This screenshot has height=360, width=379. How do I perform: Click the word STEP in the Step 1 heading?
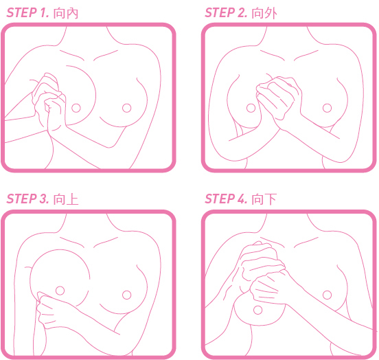pyautogui.click(x=21, y=12)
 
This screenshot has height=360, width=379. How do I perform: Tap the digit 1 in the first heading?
pyautogui.click(x=43, y=12)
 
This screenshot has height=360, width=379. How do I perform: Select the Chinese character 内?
pyautogui.click(x=72, y=13)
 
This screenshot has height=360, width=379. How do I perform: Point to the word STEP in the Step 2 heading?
pyautogui.click(x=220, y=12)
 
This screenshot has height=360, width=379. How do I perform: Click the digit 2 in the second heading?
pyautogui.click(x=242, y=12)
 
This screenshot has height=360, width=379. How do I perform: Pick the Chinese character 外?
pyautogui.click(x=271, y=13)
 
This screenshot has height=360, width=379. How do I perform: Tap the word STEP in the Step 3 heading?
pyautogui.click(x=21, y=199)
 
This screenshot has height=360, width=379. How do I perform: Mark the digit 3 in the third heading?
pyautogui.click(x=43, y=199)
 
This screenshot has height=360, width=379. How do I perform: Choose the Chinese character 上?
pyautogui.click(x=72, y=199)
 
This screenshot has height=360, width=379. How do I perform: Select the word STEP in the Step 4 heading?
pyautogui.click(x=220, y=199)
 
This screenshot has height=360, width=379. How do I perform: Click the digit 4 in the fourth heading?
pyautogui.click(x=242, y=199)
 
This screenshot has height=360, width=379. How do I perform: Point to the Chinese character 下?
pyautogui.click(x=271, y=199)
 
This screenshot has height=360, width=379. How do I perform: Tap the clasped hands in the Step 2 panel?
pyautogui.click(x=278, y=99)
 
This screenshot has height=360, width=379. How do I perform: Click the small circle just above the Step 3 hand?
pyautogui.click(x=60, y=291)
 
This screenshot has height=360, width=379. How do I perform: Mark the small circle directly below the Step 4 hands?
pyautogui.click(x=258, y=310)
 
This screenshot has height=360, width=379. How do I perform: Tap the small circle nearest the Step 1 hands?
pyautogui.click(x=76, y=108)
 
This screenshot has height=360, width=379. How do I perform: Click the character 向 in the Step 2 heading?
pyautogui.click(x=257, y=13)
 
